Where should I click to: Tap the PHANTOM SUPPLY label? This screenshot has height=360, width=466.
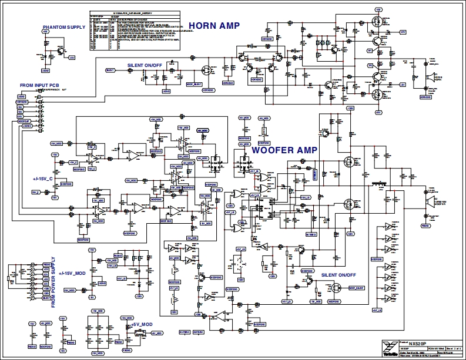pyautogui.click(x=63, y=28)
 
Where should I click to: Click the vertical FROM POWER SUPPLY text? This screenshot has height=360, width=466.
pyautogui.click(x=53, y=282)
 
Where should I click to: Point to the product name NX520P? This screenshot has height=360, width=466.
pyautogui.click(x=418, y=341)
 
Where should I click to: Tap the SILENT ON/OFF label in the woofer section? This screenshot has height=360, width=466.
pyautogui.click(x=338, y=275)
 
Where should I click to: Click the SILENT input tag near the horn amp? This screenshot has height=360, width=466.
pyautogui.click(x=110, y=70)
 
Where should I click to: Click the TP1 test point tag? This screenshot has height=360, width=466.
pyautogui.click(x=370, y=51)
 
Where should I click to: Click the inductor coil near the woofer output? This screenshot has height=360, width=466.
pyautogui.click(x=380, y=186)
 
